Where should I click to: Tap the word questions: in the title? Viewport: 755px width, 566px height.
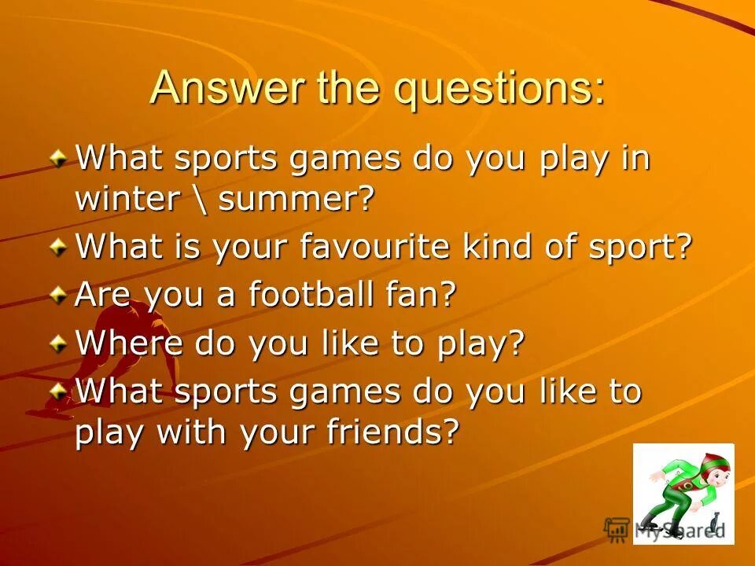[x=500, y=88]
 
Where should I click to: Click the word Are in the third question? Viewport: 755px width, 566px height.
[x=101, y=296]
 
